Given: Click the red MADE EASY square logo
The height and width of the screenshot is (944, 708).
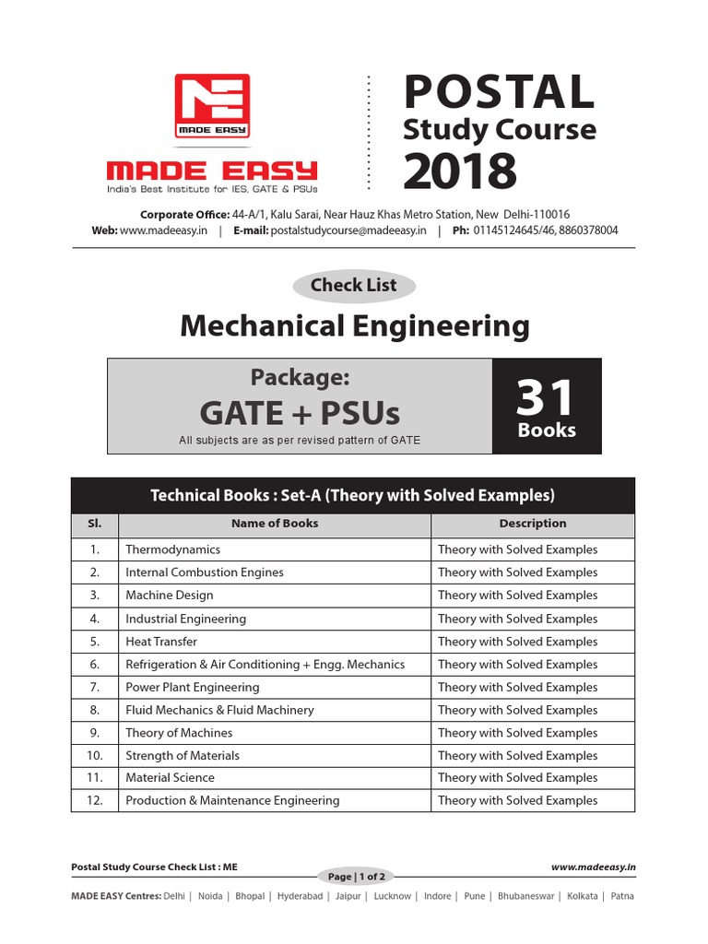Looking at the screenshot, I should coord(212,107).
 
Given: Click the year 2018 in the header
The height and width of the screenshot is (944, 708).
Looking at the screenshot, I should coord(460,171).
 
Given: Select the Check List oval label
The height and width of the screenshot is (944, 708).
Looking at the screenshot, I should coord(353,286).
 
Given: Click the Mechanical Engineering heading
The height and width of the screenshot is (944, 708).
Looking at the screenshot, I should coord(354,325).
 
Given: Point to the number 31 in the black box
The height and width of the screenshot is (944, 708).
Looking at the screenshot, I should coord(546,398).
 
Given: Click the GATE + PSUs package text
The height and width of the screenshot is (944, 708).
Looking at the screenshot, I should coord(300,411).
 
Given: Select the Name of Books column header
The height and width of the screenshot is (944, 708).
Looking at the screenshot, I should coord(275,524).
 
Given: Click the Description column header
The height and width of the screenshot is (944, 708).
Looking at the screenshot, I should coord(533,524).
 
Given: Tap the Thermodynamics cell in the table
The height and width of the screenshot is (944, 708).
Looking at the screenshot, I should coord(173,549).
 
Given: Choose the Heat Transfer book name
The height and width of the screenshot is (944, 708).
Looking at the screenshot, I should coord(161,642).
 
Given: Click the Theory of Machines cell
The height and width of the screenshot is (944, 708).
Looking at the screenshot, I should coord(179,733).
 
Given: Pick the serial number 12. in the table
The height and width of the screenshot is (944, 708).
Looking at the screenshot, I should coord(94,800).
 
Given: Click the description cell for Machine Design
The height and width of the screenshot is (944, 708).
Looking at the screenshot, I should coord(518,596).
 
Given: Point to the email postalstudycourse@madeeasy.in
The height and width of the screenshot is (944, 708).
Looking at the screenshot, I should coord(348,230).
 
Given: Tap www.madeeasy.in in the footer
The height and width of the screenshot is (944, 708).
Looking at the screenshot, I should coord(594,867).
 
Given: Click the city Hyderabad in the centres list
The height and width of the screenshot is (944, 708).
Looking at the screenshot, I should coord(300,896).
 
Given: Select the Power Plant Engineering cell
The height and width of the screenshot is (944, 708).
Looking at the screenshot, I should coord(193,687).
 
